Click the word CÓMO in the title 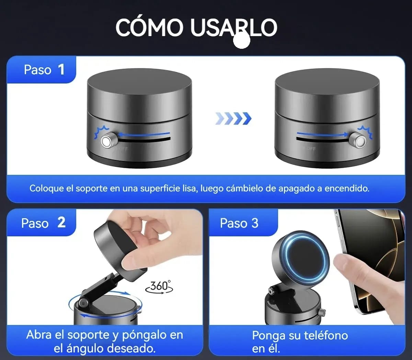(149, 27)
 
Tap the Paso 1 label (44, 70)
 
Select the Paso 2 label (43, 223)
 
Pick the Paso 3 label (239, 223)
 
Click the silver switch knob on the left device (107, 141)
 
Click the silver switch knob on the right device (359, 141)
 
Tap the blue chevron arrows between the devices (233, 119)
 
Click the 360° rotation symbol (159, 286)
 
